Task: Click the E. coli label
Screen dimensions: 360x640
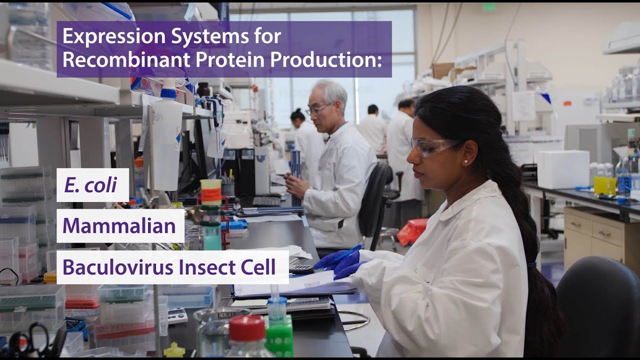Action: (90, 185)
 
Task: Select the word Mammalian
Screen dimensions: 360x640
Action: (119, 225)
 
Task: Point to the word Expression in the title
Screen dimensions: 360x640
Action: (107, 36)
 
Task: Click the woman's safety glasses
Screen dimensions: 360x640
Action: (432, 145)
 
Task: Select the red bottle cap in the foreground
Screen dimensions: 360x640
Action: (247, 327)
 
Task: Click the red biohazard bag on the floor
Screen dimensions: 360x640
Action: (412, 231)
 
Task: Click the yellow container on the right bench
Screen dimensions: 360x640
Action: (604, 185)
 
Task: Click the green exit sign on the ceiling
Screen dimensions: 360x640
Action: (489, 7)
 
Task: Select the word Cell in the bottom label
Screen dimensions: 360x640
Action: (258, 267)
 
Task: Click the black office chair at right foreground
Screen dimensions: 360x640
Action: (600, 310)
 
